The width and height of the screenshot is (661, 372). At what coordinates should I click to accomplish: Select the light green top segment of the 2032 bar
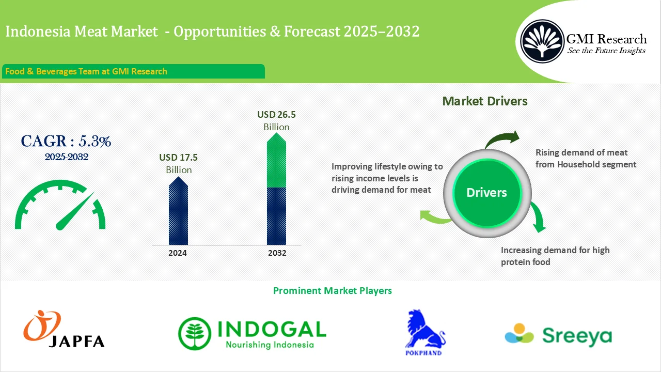[276, 162]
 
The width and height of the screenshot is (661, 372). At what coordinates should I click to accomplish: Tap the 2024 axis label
[178, 253]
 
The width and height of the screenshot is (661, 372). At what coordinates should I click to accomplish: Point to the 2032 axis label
[277, 253]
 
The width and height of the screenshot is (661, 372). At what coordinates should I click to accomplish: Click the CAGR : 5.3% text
[66, 141]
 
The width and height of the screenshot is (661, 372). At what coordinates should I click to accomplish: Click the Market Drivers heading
[485, 101]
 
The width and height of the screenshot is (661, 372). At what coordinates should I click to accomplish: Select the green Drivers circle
[486, 193]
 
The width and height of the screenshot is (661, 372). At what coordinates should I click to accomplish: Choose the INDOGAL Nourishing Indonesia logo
[252, 333]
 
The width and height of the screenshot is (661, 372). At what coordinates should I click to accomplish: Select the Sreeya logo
[558, 335]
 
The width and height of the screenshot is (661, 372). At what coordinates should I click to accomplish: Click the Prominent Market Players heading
[332, 291]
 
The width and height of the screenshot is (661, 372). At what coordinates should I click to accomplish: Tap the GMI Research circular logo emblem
[542, 41]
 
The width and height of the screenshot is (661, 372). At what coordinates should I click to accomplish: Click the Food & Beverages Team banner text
[86, 71]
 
